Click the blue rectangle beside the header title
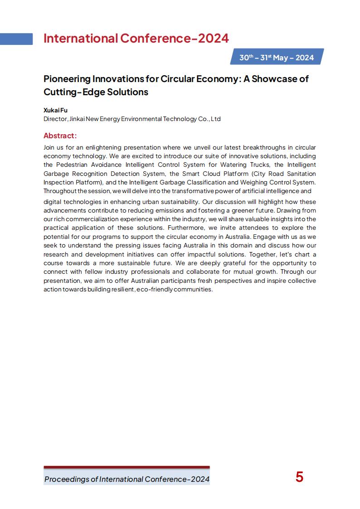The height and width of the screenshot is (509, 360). [16, 39]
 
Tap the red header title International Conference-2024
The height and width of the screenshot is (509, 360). [136, 39]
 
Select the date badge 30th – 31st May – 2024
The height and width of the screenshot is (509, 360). [277, 58]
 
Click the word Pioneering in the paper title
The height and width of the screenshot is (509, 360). [67, 79]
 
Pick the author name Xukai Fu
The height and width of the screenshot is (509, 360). [55, 110]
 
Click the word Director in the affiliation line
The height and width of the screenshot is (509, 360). [55, 119]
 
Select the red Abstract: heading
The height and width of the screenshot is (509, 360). [60, 136]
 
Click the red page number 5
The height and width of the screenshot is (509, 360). [299, 477]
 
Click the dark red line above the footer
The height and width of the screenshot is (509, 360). [126, 467]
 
